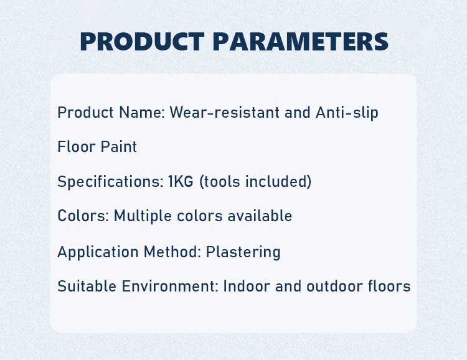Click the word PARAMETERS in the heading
[x=301, y=42]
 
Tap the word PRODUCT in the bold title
[x=142, y=42]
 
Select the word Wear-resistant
[x=225, y=112]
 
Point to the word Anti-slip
[x=347, y=113]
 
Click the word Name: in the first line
[x=142, y=112]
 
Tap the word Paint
[x=118, y=146]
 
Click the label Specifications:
[x=110, y=182]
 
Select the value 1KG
[x=181, y=181]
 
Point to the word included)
[x=278, y=181]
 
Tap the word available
[x=260, y=216]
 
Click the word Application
[x=98, y=252]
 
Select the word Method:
[x=172, y=252]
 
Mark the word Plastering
[x=243, y=252]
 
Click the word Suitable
[x=87, y=286]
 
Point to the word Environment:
[x=171, y=286]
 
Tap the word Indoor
[x=247, y=286]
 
